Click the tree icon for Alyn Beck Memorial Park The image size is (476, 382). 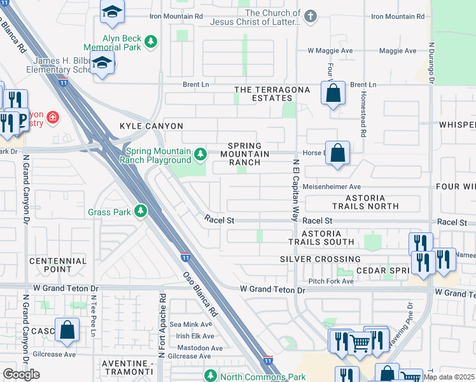151,43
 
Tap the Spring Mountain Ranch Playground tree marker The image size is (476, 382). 200,154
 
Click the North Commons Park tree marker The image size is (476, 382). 210,375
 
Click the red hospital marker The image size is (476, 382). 52,117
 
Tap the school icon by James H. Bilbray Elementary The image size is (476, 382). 101,63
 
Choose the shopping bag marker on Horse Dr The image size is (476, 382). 338,153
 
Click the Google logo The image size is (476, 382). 21,374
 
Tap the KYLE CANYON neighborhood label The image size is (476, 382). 151,126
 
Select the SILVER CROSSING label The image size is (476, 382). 321,259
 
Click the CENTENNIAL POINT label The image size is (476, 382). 58,265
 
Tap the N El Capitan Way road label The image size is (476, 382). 295,189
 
